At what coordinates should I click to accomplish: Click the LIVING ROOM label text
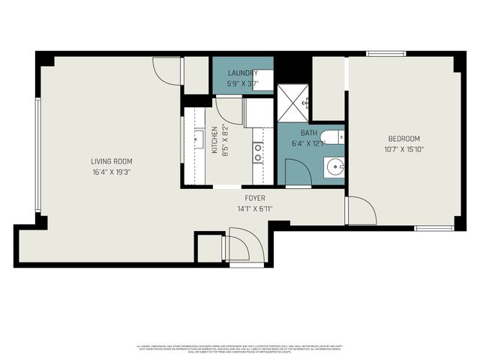tap(112, 161)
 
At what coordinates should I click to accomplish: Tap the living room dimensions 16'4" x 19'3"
tap(112, 172)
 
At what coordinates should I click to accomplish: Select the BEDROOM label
tap(403, 139)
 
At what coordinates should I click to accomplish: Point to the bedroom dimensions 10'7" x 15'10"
tap(403, 149)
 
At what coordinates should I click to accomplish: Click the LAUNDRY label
tap(243, 73)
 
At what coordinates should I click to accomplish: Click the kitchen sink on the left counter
tap(199, 139)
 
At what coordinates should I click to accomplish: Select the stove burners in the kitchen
tap(257, 152)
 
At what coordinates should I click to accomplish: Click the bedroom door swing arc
tap(361, 210)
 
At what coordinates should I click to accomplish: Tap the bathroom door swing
tap(297, 170)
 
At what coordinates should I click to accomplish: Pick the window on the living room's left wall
tap(37, 154)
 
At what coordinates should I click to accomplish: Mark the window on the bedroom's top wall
tap(385, 53)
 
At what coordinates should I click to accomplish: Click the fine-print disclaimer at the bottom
tap(240, 349)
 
